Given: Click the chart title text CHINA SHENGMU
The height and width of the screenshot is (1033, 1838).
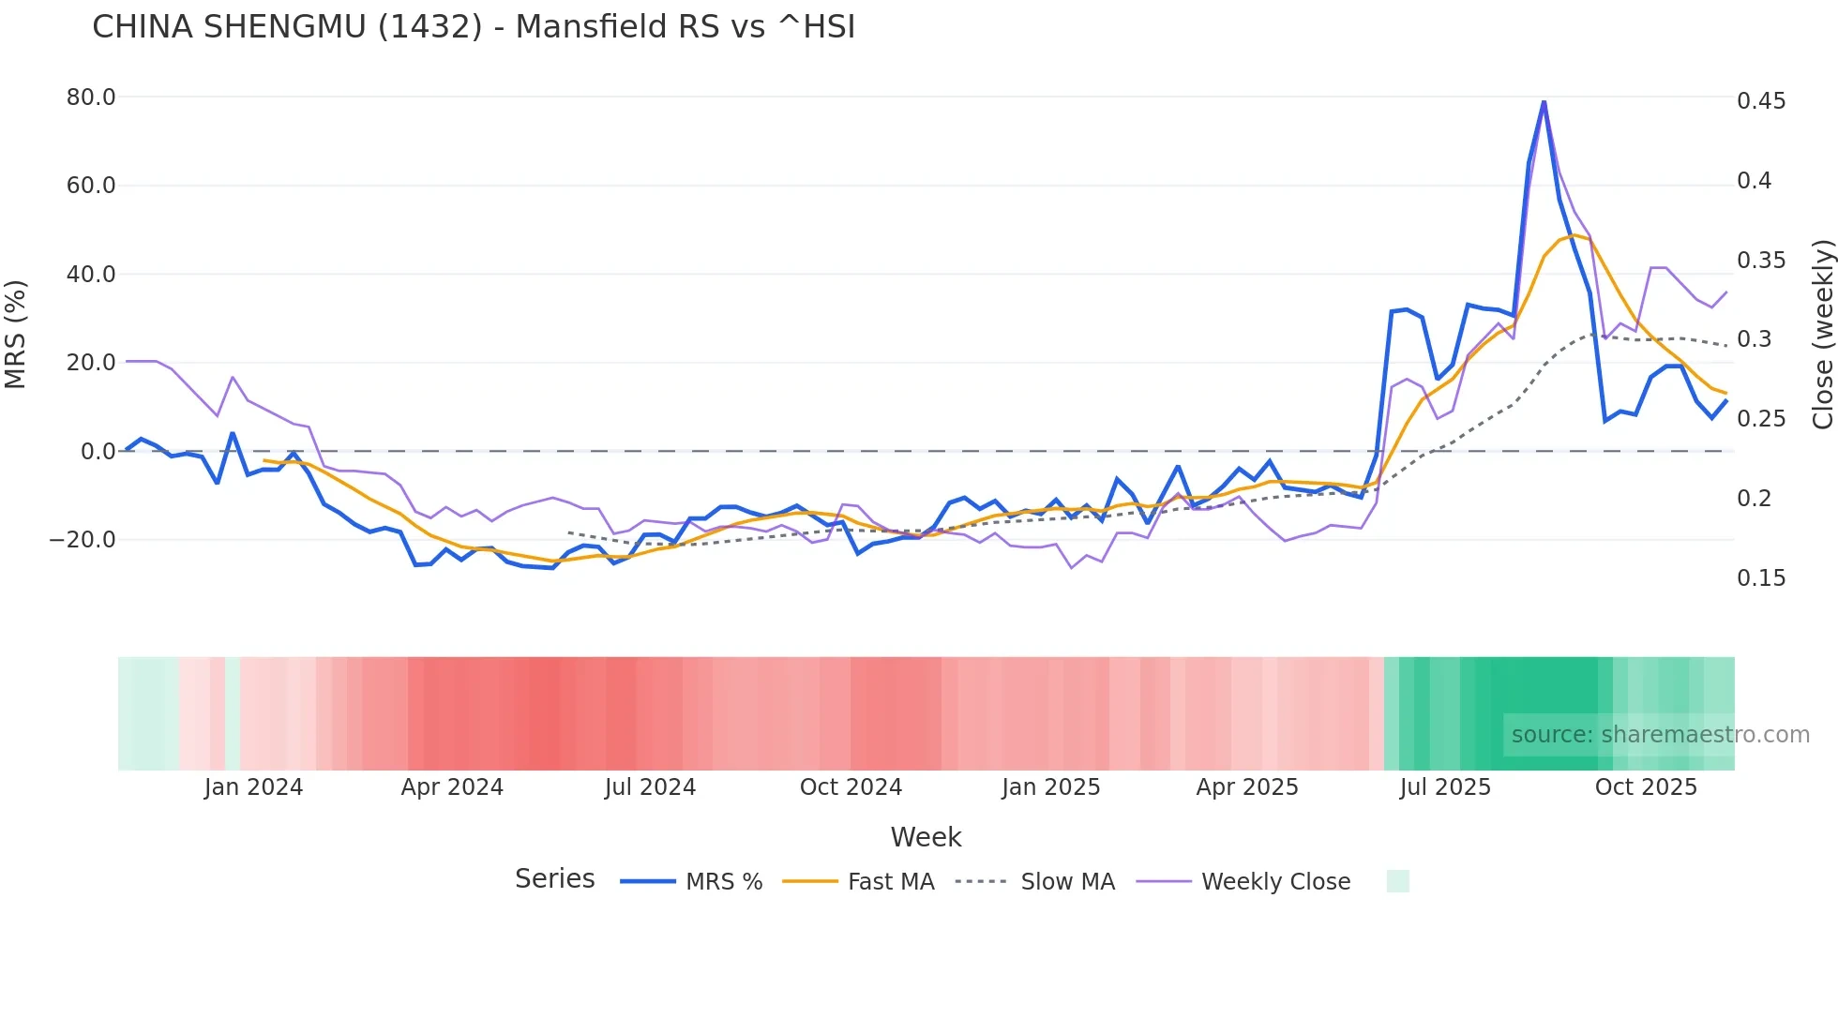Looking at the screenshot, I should [x=474, y=27].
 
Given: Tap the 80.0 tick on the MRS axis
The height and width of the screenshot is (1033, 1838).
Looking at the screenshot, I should [x=91, y=97].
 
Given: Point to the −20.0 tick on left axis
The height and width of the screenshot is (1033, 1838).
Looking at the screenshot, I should [x=83, y=540].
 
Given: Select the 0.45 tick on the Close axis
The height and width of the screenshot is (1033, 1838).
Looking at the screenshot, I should [x=1761, y=101].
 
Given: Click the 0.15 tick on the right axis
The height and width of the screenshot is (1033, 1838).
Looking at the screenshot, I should [x=1761, y=578].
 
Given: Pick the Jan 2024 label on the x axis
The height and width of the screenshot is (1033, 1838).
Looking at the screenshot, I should [x=253, y=787].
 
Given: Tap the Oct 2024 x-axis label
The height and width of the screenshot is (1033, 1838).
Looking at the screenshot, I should [x=851, y=787].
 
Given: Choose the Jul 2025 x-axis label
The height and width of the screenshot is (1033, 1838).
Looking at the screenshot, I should [x=1445, y=787].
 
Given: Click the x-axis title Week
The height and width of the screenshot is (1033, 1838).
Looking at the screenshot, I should [x=926, y=837].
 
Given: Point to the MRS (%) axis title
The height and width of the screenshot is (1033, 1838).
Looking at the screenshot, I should [x=16, y=335].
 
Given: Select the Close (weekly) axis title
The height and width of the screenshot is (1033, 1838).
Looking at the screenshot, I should [x=1822, y=335].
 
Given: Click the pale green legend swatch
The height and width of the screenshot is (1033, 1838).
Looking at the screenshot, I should [x=1397, y=881].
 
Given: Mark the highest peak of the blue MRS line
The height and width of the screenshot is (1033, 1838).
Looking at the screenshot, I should [x=1544, y=101].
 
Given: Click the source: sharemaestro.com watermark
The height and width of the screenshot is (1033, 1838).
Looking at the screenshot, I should [x=1660, y=735].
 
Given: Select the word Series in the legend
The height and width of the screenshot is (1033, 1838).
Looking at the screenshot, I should [x=554, y=879].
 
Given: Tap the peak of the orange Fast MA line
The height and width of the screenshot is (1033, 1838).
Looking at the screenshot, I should [x=1574, y=235].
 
